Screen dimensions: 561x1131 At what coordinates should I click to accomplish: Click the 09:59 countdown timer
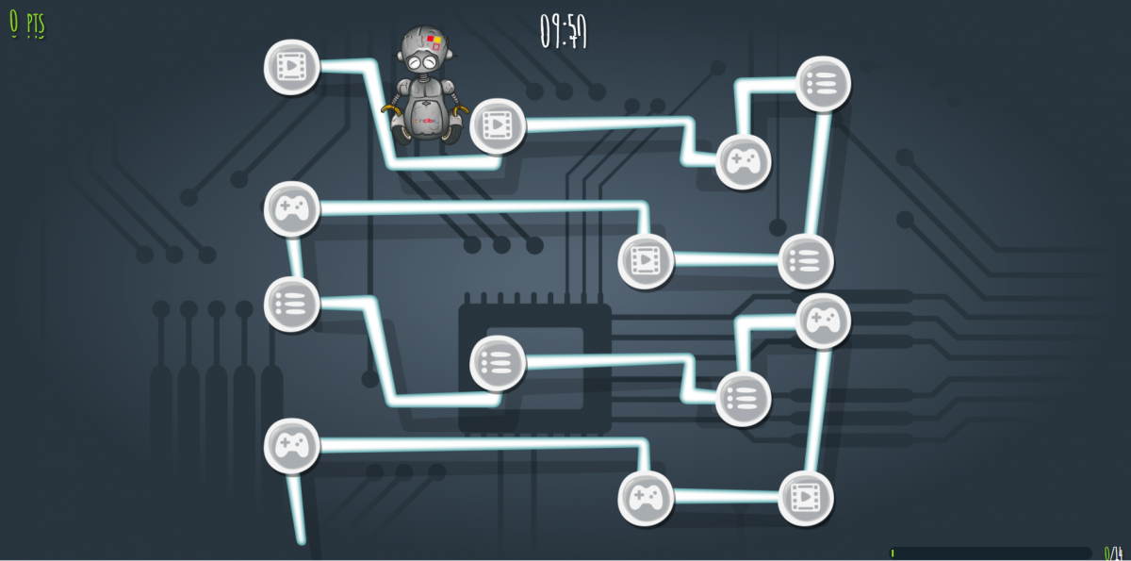(x=564, y=31)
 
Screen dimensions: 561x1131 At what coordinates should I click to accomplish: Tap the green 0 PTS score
(x=27, y=25)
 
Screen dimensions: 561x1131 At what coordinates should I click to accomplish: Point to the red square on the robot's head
(x=433, y=39)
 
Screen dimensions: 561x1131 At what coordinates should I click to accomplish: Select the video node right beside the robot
(x=497, y=124)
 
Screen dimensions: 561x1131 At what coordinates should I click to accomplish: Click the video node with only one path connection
(x=291, y=67)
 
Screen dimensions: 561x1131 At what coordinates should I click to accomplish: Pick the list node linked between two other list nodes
(x=497, y=362)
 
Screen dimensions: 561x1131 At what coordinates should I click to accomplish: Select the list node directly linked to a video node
(x=806, y=260)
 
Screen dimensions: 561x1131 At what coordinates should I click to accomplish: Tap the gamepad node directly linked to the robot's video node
(x=743, y=161)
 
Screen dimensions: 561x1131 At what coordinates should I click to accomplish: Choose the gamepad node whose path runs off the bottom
(x=291, y=445)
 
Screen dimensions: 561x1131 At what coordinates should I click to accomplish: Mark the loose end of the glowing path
(x=301, y=540)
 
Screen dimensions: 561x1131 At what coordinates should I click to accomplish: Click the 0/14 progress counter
(x=1113, y=553)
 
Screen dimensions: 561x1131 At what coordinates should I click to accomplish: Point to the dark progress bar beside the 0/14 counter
(x=990, y=553)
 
